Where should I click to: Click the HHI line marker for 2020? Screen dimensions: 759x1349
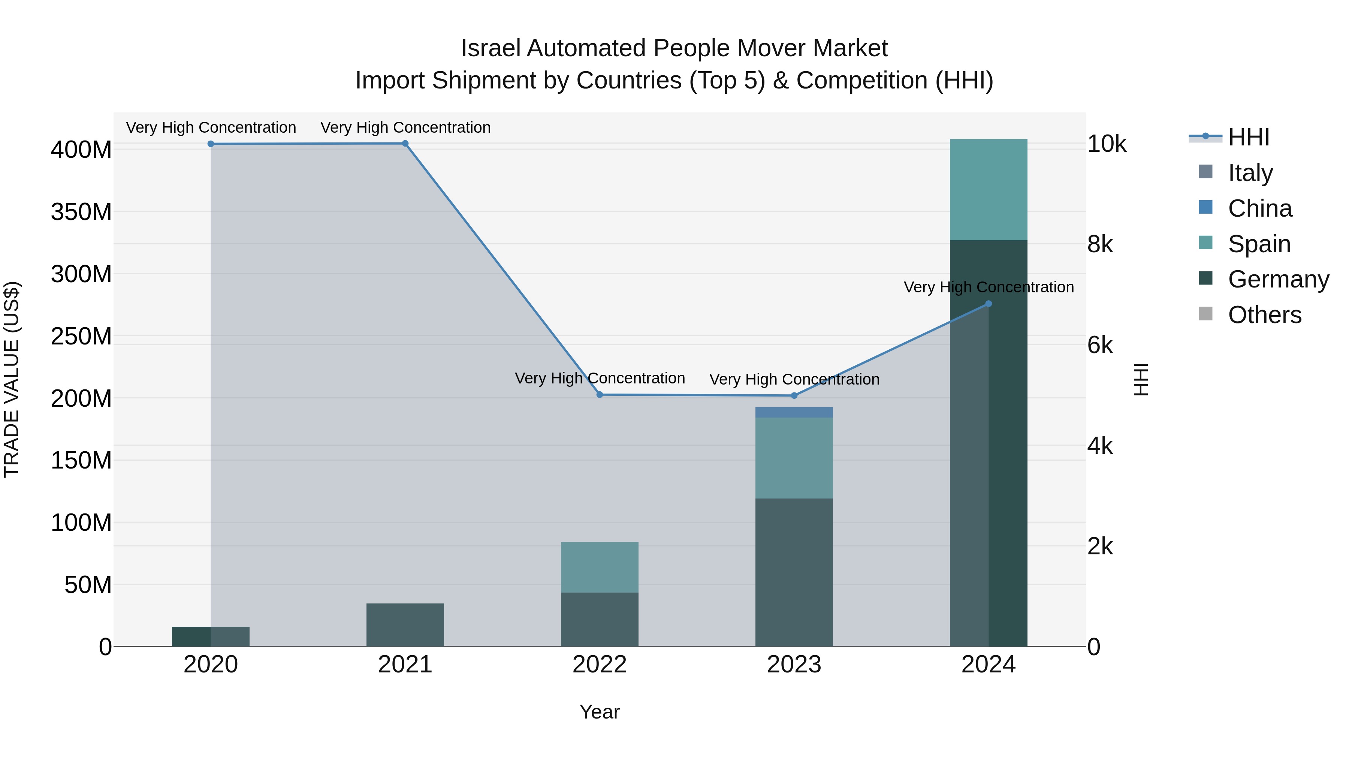[x=211, y=144]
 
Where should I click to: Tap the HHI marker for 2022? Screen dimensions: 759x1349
[x=600, y=394]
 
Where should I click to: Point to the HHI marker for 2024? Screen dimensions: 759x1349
[x=988, y=304]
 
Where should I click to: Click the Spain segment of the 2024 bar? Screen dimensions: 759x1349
[x=988, y=190]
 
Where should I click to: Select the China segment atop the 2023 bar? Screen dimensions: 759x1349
[x=794, y=412]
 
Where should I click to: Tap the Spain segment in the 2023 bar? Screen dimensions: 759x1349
[x=794, y=457]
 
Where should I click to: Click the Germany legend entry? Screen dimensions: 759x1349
[x=1278, y=279]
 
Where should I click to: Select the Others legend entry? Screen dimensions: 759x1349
[x=1264, y=315]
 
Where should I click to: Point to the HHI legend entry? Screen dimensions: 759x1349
[x=1249, y=137]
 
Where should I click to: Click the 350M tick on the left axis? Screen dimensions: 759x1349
[x=81, y=212]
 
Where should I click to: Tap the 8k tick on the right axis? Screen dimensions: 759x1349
[x=1100, y=244]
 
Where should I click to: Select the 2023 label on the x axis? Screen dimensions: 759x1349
[x=794, y=665]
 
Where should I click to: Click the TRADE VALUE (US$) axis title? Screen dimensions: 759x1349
[x=12, y=379]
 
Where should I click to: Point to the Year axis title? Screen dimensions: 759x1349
[x=600, y=712]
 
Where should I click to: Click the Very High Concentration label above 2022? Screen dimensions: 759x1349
[x=600, y=378]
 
